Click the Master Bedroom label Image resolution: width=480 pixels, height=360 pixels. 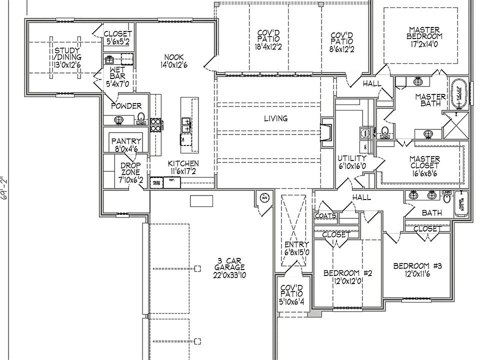click(x=424, y=33)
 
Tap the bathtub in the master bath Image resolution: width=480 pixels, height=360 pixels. click(x=459, y=94)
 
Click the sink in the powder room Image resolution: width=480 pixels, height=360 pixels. click(x=119, y=120)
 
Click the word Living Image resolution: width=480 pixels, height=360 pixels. click(x=276, y=118)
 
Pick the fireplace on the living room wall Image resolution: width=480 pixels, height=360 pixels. click(x=326, y=132)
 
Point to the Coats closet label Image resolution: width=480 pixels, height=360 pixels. click(x=325, y=216)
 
